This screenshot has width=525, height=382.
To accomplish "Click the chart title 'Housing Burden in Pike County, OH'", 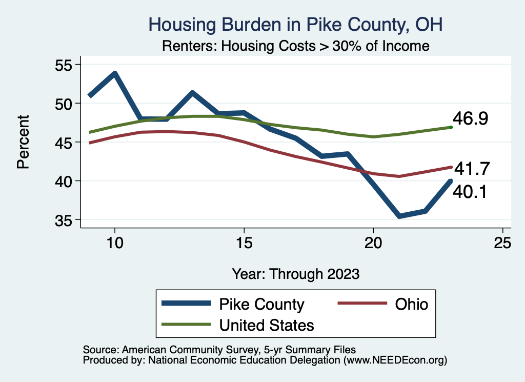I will (x=295, y=24).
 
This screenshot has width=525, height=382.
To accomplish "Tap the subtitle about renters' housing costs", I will (x=295, y=46).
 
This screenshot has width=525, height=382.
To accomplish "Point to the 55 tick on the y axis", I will (x=64, y=65).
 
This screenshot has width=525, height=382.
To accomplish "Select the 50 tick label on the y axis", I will (x=64, y=104).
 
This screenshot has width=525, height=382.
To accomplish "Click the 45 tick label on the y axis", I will (x=64, y=142).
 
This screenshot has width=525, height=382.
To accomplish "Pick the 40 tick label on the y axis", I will (x=64, y=181).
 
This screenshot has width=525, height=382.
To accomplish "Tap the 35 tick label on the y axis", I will (x=64, y=220).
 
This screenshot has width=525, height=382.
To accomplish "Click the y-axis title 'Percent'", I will (x=23, y=142).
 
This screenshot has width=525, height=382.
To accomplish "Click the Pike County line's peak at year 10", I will (x=115, y=74).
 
